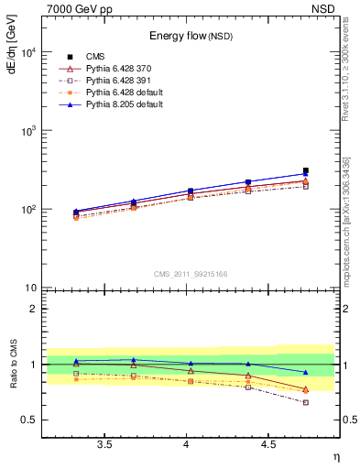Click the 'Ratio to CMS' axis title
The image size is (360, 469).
(12, 364)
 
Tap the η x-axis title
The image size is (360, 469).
(336, 455)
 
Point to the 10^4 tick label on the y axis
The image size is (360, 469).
(27, 52)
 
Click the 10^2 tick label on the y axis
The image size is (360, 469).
(27, 210)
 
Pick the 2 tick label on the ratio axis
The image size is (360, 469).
(34, 309)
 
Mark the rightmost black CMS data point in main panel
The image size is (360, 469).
(306, 170)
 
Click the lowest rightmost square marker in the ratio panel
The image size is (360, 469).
(306, 402)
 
